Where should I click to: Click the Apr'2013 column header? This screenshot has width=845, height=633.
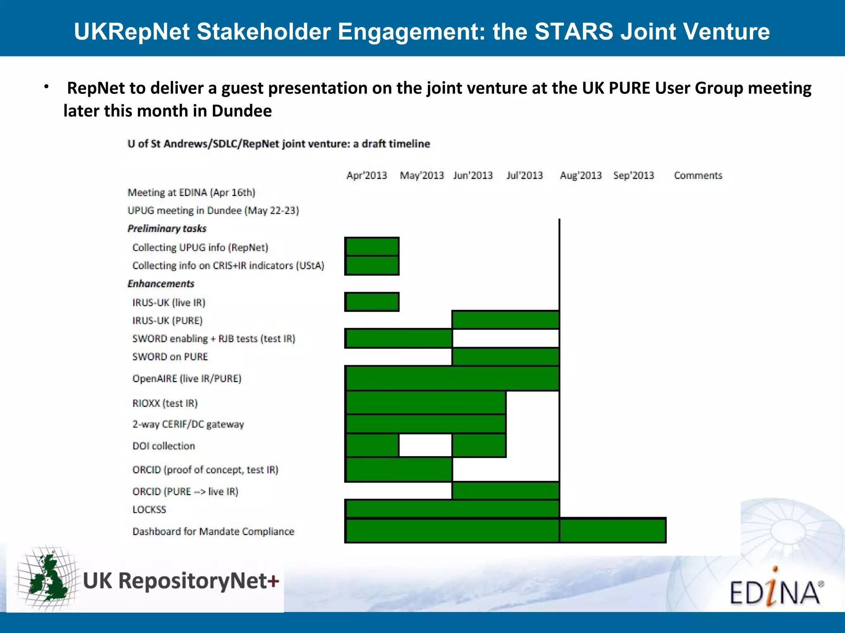(x=366, y=176)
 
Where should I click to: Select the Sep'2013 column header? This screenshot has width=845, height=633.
(x=633, y=176)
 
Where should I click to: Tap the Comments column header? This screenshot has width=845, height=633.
(x=698, y=176)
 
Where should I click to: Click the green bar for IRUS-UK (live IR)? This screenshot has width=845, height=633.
(x=372, y=302)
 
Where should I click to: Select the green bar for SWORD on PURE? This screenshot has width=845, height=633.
(x=505, y=357)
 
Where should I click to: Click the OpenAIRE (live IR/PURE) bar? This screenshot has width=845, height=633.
(x=452, y=378)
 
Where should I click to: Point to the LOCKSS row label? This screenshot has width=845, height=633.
(x=149, y=510)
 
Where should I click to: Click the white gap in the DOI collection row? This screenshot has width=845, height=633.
(x=425, y=445)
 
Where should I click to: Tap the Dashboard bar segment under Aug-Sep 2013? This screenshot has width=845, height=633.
(x=613, y=530)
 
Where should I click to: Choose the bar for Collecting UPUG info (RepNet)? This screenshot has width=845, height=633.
(x=372, y=247)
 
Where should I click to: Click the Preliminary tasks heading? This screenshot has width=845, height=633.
(x=167, y=229)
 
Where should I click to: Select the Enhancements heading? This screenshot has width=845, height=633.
(x=161, y=284)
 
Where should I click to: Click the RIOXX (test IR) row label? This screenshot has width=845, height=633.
(x=165, y=403)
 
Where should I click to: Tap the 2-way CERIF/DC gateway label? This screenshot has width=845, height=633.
(x=188, y=424)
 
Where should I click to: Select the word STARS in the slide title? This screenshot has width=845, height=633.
(x=574, y=31)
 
